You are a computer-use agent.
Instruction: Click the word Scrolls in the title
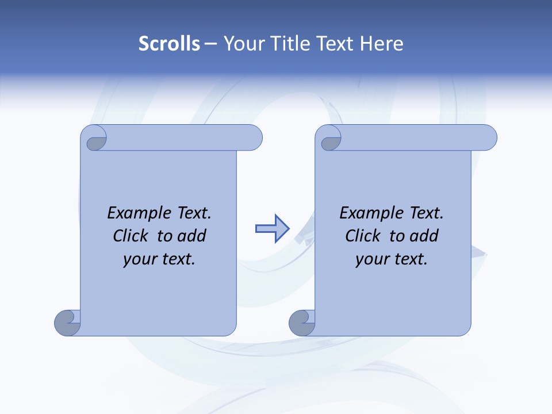[169, 44]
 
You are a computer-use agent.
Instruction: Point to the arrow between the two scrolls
[272, 228]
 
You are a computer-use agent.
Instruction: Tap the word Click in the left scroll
[132, 236]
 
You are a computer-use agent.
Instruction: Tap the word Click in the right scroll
[364, 236]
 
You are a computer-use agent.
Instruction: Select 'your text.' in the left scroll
[159, 259]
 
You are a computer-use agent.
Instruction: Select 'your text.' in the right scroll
[392, 259]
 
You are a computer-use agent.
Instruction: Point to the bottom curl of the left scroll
[67, 323]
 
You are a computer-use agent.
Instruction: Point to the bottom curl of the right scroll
[302, 323]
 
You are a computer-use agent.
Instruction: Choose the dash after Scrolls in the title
[211, 44]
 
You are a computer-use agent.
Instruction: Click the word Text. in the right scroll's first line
[426, 213]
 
